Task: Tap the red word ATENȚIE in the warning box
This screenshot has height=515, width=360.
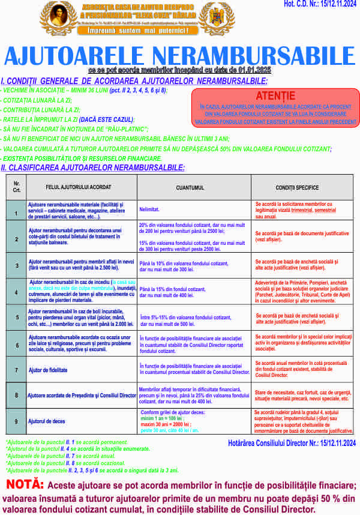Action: point(275,96)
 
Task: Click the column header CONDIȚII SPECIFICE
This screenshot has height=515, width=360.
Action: point(297,187)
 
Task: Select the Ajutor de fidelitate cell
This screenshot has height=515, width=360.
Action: point(47,370)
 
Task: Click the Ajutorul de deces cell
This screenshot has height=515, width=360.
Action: point(46,422)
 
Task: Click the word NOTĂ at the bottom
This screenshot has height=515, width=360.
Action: point(25,484)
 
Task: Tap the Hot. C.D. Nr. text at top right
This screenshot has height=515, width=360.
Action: point(320,5)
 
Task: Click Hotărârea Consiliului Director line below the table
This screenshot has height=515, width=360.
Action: point(292,443)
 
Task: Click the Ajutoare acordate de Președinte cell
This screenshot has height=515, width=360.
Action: point(82,396)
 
